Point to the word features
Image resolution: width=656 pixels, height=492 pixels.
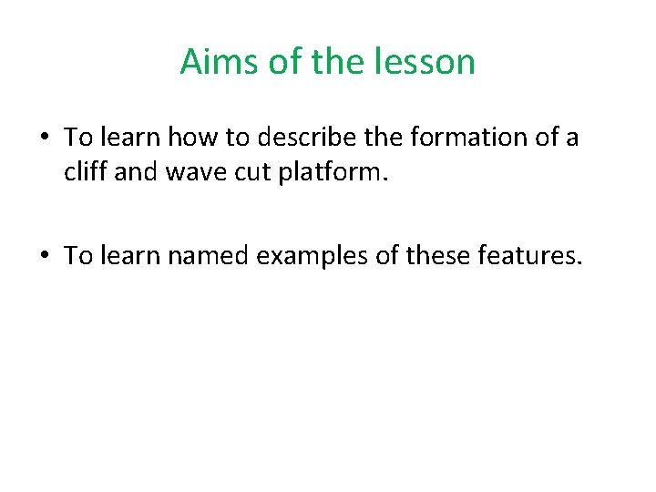[525, 256]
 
